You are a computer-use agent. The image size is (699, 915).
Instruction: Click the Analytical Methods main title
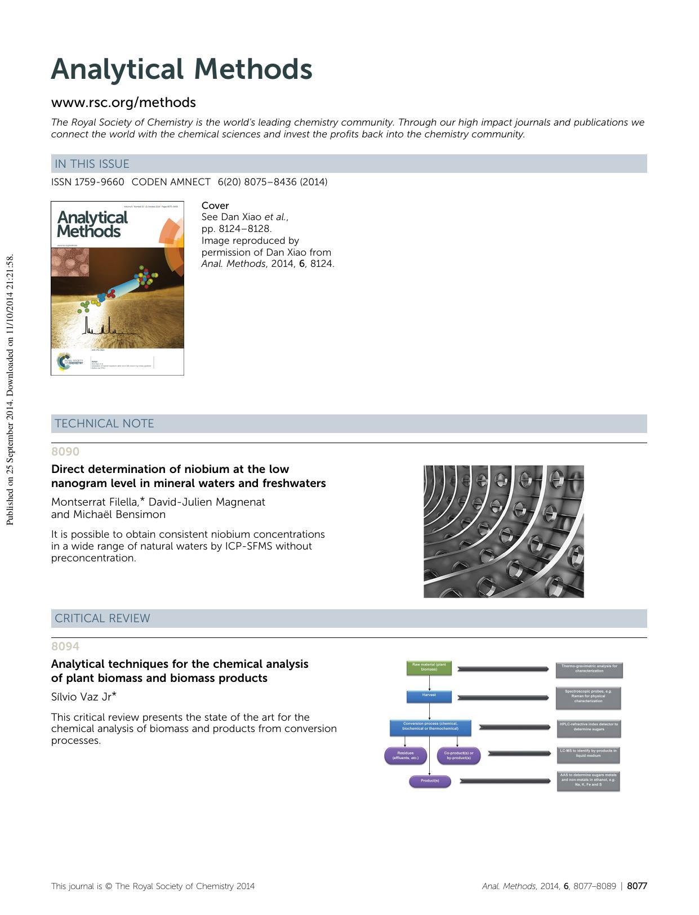(181, 70)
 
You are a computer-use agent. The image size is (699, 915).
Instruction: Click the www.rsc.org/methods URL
(123, 102)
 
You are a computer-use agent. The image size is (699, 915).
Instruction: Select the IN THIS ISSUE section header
(92, 164)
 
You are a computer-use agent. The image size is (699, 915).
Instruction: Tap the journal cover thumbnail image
(117, 288)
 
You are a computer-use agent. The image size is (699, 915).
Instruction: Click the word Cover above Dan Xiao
(215, 206)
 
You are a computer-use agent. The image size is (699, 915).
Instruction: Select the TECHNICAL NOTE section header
(104, 423)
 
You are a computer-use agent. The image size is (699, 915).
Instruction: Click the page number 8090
(65, 452)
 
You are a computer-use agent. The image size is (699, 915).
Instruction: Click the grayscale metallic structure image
(503, 531)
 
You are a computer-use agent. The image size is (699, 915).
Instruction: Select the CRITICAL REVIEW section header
(103, 618)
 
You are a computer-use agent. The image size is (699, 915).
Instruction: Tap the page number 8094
(65, 646)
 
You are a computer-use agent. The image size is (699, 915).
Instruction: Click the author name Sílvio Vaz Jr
(83, 697)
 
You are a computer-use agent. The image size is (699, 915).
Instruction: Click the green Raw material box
(429, 667)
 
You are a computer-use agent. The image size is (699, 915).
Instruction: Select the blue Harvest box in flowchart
(429, 696)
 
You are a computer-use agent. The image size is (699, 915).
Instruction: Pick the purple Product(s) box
(429, 781)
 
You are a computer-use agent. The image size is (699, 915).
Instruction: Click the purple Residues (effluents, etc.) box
(405, 755)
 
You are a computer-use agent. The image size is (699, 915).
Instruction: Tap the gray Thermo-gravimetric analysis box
(589, 668)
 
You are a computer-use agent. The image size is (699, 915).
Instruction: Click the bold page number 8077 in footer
(637, 886)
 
